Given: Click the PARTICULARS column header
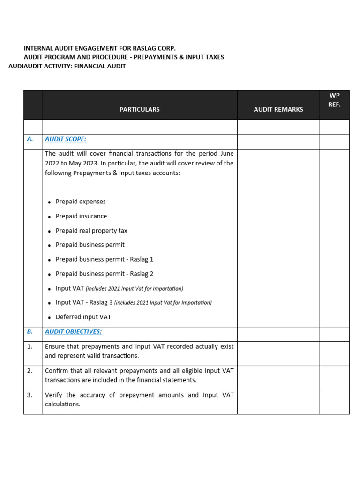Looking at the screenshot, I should pyautogui.click(x=139, y=109).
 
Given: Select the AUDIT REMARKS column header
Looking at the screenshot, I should pyautogui.click(x=278, y=109).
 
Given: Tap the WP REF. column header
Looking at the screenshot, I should pyautogui.click(x=334, y=100).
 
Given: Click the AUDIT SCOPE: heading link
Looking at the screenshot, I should pyautogui.click(x=66, y=139).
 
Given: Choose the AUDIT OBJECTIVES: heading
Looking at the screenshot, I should pyautogui.click(x=73, y=332).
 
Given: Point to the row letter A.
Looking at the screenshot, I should pyautogui.click(x=30, y=139).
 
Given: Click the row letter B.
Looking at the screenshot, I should pyautogui.click(x=30, y=332).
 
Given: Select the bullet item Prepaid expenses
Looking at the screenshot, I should pyautogui.click(x=81, y=202).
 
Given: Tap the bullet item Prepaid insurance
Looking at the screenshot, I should pyautogui.click(x=81, y=216).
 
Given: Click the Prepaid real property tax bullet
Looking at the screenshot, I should pyautogui.click(x=91, y=231).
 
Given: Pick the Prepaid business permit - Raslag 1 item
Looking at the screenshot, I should pyautogui.click(x=104, y=259).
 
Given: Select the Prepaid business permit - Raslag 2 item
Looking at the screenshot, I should pyautogui.click(x=104, y=274).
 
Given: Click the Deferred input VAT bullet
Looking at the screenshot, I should pyautogui.click(x=83, y=317).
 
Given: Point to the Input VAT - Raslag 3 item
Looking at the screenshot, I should pyautogui.click(x=84, y=302).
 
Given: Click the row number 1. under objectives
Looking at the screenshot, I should pyautogui.click(x=30, y=346).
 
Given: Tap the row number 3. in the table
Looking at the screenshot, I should pyautogui.click(x=30, y=395).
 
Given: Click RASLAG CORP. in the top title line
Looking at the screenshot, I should pyautogui.click(x=157, y=48).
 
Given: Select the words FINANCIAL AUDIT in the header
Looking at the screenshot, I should pyautogui.click(x=100, y=66).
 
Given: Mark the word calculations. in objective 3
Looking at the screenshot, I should pyautogui.click(x=63, y=404).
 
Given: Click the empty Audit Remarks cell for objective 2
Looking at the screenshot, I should pyautogui.click(x=278, y=378).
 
